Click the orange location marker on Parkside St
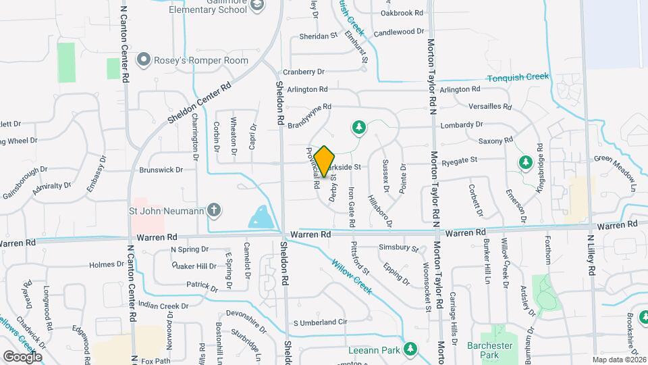[325, 161]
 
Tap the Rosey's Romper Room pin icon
[143, 61]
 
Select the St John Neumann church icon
[214, 210]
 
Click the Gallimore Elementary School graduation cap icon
[257, 5]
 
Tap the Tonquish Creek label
[518, 77]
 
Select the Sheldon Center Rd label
[200, 103]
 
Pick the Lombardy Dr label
[463, 125]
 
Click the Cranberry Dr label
[304, 72]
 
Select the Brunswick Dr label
[161, 170]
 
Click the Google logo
[22, 356]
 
